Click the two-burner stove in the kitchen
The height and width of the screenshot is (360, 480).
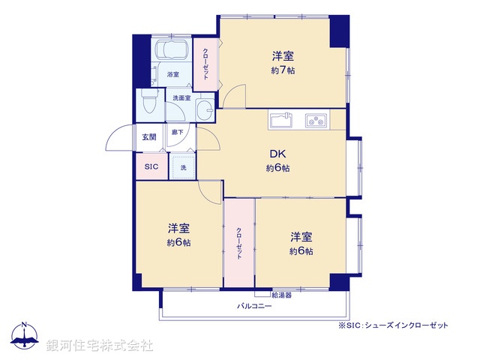pyautogui.click(x=314, y=120)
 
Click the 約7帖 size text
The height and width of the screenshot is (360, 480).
pyautogui.click(x=282, y=70)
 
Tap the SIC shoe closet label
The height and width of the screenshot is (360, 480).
pyautogui.click(x=151, y=166)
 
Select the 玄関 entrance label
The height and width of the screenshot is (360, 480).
pyautogui.click(x=149, y=137)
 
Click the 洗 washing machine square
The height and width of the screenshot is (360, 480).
pyautogui.click(x=183, y=166)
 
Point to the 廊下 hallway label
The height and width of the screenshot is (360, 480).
pyautogui.click(x=178, y=133)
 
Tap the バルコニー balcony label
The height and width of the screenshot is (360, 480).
pyautogui.click(x=254, y=306)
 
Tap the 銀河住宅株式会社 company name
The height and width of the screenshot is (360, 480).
pyautogui.click(x=100, y=345)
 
